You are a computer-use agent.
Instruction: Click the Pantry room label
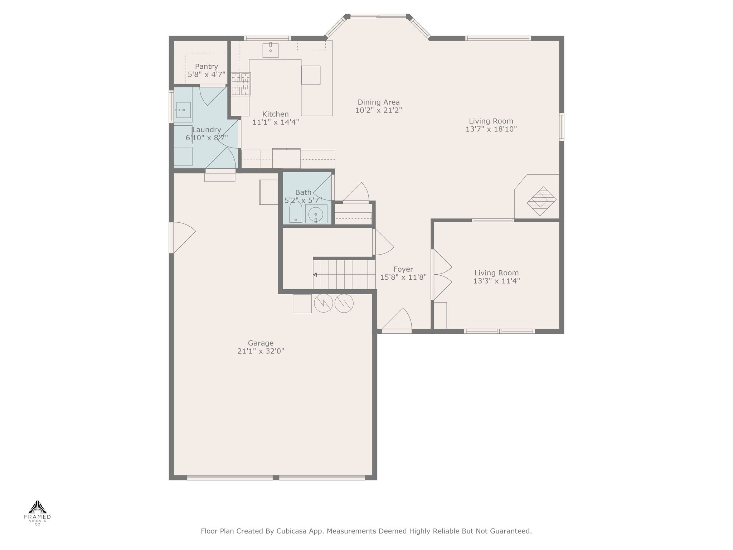pos(207,67)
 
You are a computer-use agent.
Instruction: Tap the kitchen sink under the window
pos(271,50)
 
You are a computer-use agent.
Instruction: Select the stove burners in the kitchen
pos(241,84)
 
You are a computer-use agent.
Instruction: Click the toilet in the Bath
pos(296,212)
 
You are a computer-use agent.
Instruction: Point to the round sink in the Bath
pos(316,214)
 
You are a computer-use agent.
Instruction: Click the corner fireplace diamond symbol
pos(542,201)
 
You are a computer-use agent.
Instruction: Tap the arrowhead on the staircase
pos(315,275)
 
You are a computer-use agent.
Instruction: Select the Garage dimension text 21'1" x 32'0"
pos(261,351)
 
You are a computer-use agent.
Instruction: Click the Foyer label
pos(403,269)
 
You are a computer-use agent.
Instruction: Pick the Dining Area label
pos(379,102)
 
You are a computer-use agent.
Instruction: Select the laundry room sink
pos(183,110)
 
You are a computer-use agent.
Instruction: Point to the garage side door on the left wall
pos(183,237)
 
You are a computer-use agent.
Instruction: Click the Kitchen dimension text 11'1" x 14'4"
pos(276,122)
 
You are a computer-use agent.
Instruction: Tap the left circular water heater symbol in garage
pos(324,303)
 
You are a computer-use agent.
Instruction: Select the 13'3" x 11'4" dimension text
pos(497,281)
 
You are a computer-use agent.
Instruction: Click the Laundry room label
pos(207,130)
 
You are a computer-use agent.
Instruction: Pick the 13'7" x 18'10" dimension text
pos(491,129)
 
